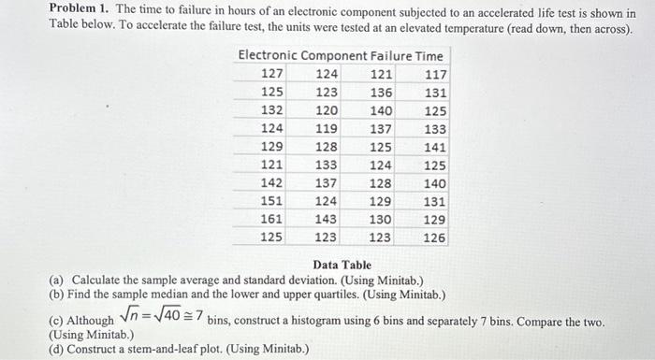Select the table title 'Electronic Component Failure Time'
click(x=341, y=56)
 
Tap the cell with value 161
click(x=272, y=219)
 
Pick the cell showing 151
click(x=272, y=201)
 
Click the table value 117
click(x=435, y=74)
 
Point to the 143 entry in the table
click(x=327, y=219)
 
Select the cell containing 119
click(x=327, y=129)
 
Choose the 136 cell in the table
click(x=381, y=93)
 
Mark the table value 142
click(x=272, y=183)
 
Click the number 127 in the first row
click(x=272, y=74)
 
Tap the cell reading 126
click(x=435, y=238)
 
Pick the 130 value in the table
click(x=381, y=219)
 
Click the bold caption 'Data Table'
click(x=342, y=266)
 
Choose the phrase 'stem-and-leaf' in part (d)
click(x=159, y=350)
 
